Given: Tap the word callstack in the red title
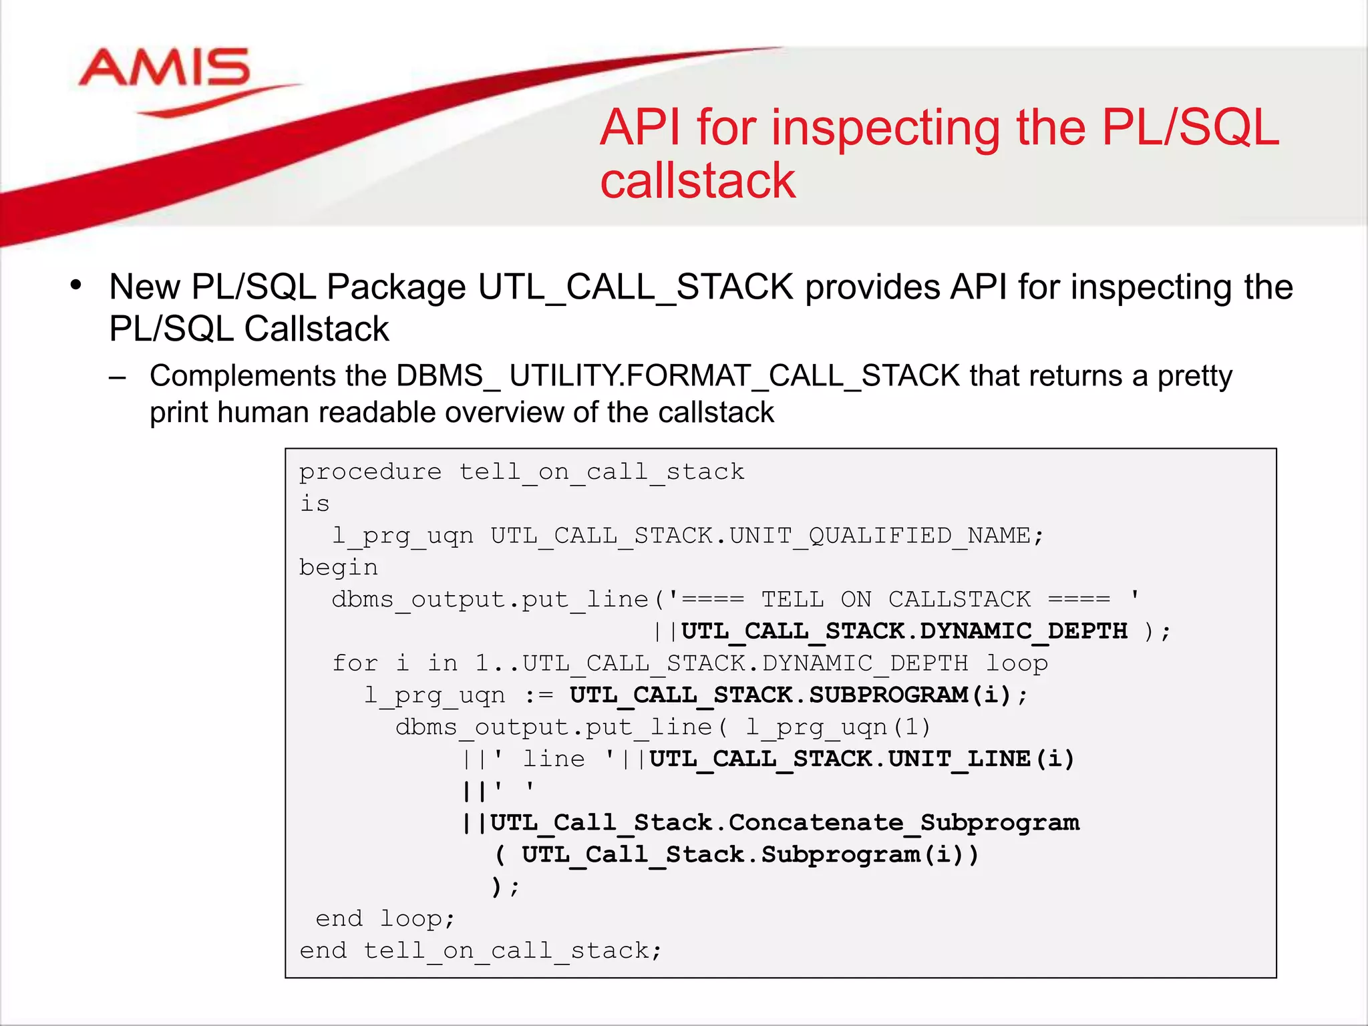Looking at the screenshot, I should [x=698, y=181].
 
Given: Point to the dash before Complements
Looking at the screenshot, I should [x=118, y=377].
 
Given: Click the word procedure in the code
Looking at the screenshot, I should [x=370, y=472].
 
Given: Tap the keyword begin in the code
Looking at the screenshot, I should [x=338, y=568].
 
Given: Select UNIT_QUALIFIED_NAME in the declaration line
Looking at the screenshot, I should [x=880, y=536].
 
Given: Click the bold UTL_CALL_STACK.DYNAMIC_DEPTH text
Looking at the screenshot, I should [x=904, y=631].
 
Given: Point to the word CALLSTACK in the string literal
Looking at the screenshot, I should [x=959, y=599].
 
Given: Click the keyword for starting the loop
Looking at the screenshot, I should [x=355, y=663].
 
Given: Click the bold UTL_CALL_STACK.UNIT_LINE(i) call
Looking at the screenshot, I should [x=862, y=759].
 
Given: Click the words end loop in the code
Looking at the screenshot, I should [x=385, y=919].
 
